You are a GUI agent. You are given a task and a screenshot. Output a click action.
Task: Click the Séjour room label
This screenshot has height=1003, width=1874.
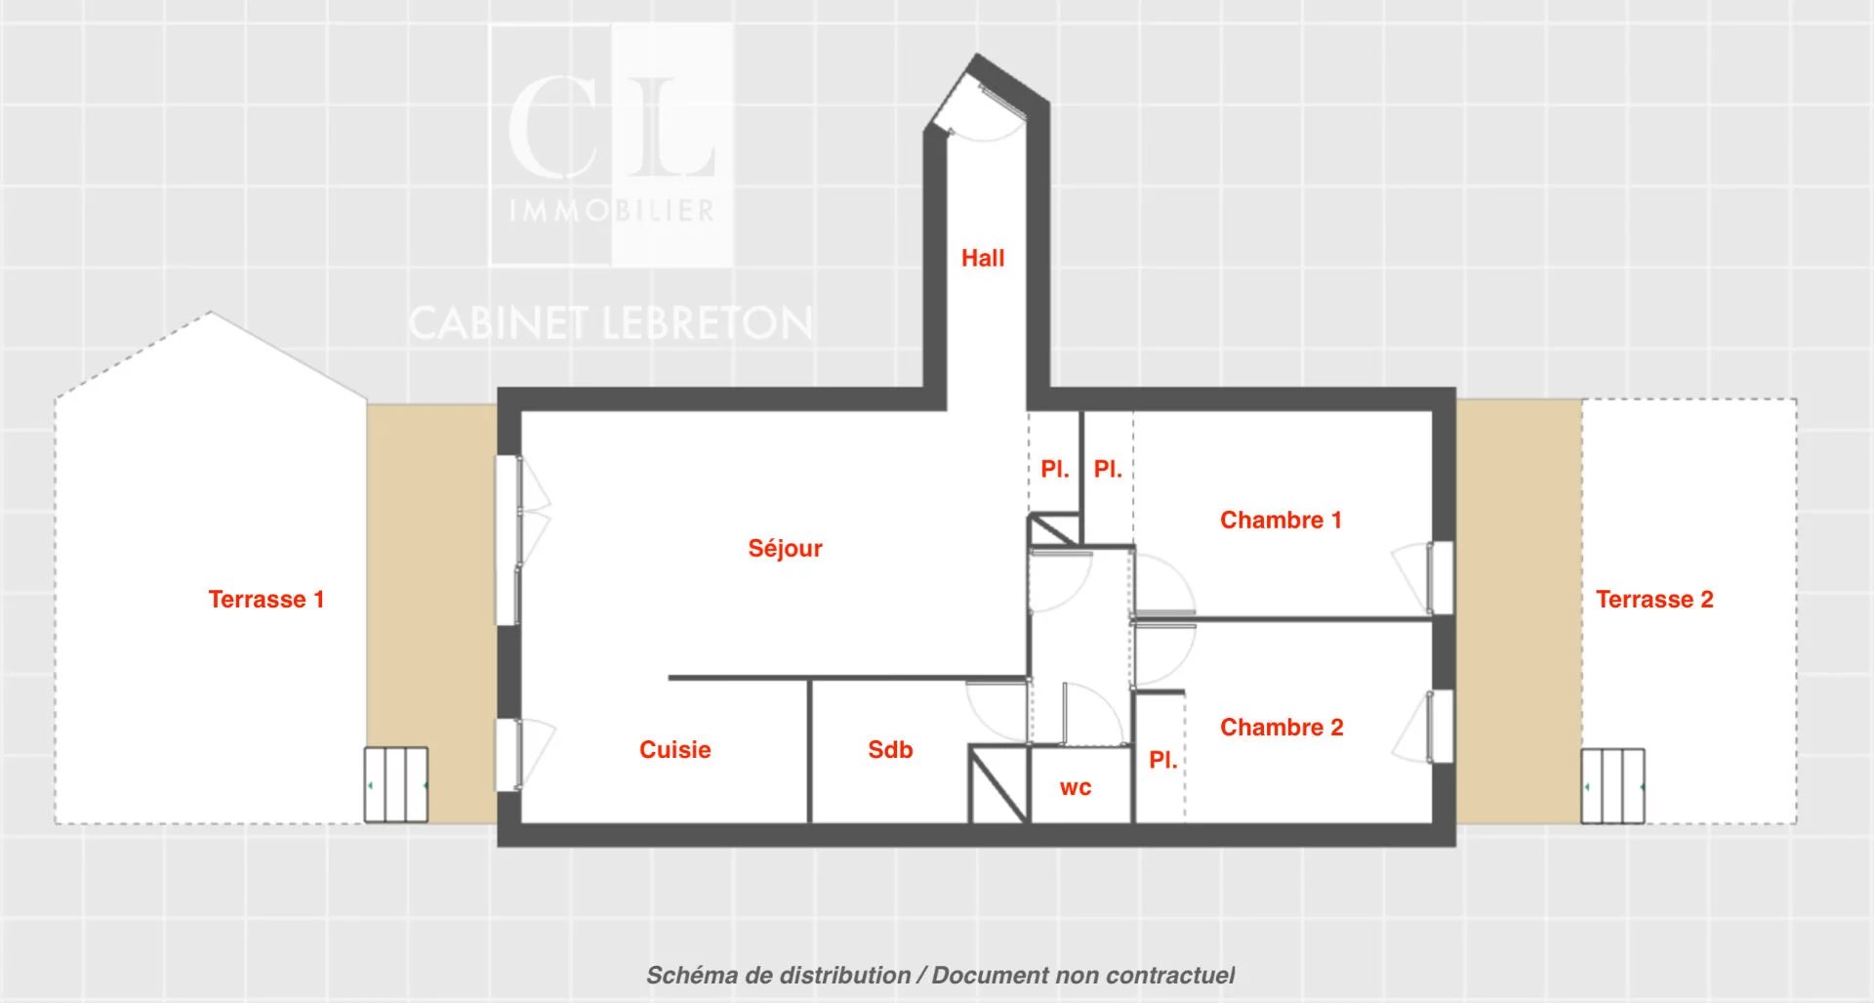pyautogui.click(x=785, y=548)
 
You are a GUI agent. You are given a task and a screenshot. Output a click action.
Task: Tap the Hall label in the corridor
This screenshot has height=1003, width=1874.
pyautogui.click(x=982, y=258)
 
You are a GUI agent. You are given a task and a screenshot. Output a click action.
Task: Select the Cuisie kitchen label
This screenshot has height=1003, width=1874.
pyautogui.click(x=674, y=749)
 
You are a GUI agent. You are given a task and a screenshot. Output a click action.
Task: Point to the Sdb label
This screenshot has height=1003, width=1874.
pyautogui.click(x=890, y=749)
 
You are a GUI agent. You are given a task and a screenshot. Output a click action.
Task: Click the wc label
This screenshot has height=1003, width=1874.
pyautogui.click(x=1076, y=788)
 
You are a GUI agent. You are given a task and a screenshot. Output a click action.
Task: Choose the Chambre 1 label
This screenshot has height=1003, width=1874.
pyautogui.click(x=1281, y=520)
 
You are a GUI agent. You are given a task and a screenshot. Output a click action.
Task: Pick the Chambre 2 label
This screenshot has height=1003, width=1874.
pyautogui.click(x=1282, y=727)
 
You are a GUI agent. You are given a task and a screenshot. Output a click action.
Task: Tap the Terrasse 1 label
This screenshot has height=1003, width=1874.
pyautogui.click(x=265, y=599)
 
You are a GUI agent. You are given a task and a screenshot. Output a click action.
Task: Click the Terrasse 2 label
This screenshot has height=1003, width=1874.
pyautogui.click(x=1654, y=599)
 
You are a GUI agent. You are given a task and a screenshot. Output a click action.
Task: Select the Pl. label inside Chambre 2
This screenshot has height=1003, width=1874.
pyautogui.click(x=1162, y=760)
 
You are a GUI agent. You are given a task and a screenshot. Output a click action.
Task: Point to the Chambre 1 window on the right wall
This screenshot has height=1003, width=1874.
pyautogui.click(x=1440, y=578)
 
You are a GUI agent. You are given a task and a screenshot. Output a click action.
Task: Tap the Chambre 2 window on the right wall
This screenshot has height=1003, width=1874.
pyautogui.click(x=1440, y=727)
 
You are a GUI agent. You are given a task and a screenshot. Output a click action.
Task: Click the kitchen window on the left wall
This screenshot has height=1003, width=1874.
pyautogui.click(x=508, y=755)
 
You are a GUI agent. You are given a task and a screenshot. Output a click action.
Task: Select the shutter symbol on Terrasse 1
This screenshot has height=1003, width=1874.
pyautogui.click(x=396, y=785)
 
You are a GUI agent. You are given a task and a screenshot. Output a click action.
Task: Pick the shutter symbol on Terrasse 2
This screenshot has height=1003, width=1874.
pyautogui.click(x=1612, y=785)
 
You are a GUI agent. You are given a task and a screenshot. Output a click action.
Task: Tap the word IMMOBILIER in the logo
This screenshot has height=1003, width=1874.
pyautogui.click(x=612, y=210)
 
